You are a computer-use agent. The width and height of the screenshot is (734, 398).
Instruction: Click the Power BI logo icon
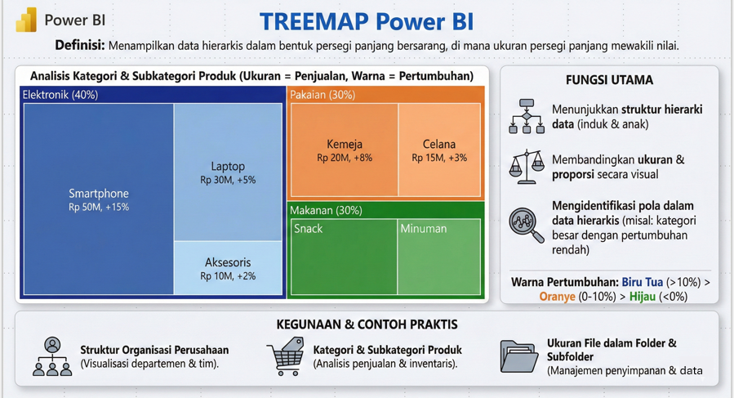tap(26, 20)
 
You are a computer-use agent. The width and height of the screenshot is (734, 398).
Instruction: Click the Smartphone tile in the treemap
tap(98, 199)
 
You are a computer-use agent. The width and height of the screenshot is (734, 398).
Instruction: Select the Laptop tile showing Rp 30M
tap(228, 172)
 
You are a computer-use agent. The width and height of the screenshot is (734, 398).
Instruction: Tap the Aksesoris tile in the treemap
tap(228, 268)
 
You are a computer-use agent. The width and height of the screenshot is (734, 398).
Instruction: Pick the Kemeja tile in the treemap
tap(344, 150)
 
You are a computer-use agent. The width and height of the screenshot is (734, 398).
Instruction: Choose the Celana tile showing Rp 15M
tap(439, 150)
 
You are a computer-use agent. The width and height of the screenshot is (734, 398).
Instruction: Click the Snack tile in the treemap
tap(343, 257)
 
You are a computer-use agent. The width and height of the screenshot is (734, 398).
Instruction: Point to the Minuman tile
tap(439, 257)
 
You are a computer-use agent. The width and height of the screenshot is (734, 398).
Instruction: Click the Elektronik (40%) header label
tap(60, 95)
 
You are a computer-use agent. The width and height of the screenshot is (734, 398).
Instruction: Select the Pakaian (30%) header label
tap(323, 95)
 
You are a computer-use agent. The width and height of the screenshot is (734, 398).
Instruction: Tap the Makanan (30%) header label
tap(326, 210)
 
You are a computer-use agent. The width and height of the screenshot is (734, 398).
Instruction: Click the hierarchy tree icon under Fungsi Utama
tap(527, 116)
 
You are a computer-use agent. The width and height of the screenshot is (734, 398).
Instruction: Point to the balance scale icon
tap(527, 166)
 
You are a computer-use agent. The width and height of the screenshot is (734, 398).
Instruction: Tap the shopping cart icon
tap(286, 357)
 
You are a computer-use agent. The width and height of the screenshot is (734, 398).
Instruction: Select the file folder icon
tap(518, 356)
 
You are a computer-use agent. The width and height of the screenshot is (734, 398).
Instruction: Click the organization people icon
tap(52, 356)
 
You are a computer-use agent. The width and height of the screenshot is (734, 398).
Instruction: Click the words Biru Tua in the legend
tap(643, 282)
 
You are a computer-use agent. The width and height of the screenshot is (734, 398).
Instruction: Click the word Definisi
tap(78, 46)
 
